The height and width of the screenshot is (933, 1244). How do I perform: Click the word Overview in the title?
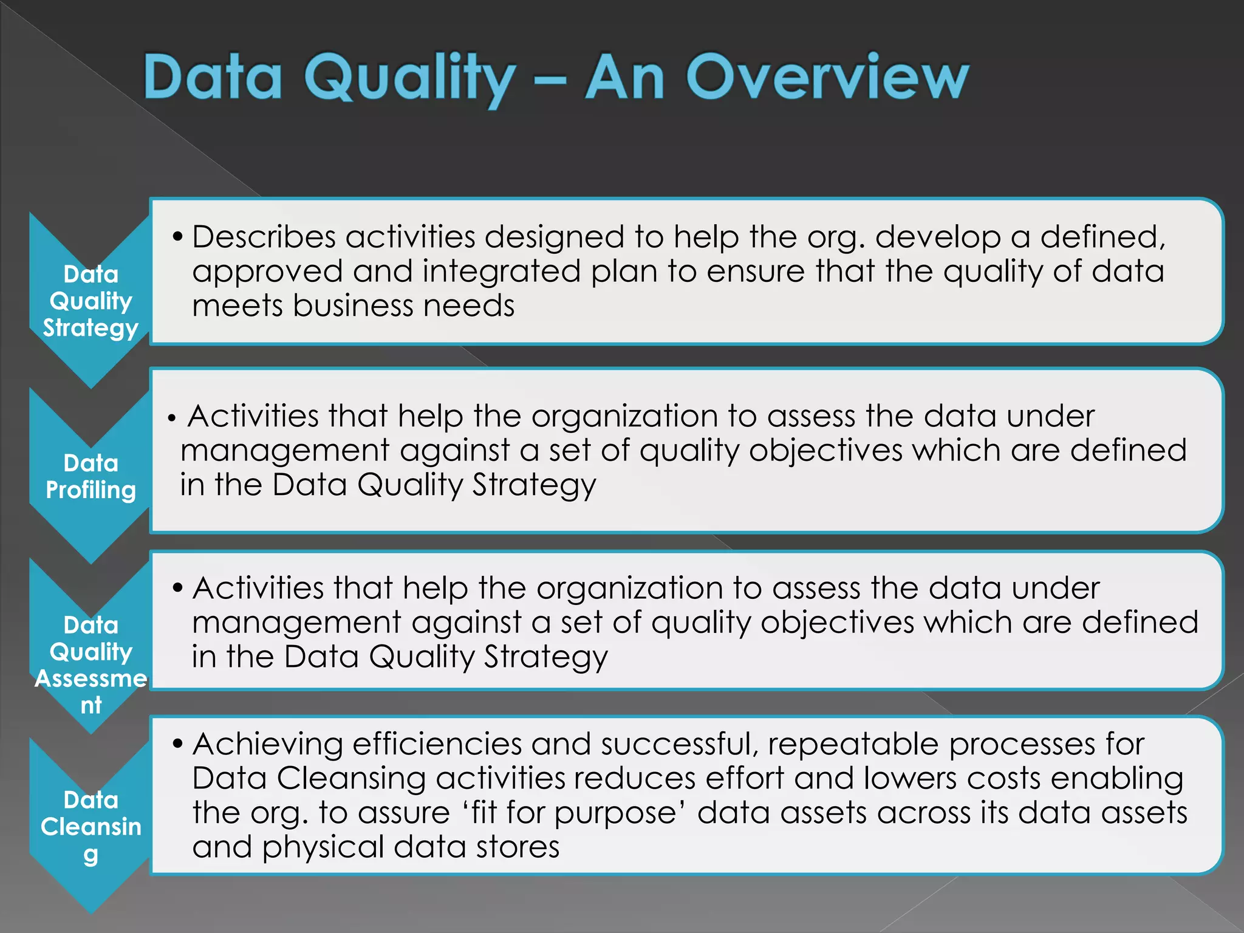pos(827,78)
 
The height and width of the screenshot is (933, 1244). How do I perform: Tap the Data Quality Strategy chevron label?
pos(91,301)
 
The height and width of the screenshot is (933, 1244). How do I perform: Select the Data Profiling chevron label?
pos(91,477)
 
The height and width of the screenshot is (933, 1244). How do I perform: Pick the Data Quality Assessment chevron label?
pos(91,665)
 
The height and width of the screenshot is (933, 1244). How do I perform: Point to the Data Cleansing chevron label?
pos(91,826)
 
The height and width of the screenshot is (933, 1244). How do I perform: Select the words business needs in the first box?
pos(404,306)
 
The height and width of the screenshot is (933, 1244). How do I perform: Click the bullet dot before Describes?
pos(177,237)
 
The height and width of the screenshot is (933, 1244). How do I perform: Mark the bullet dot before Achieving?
pos(177,744)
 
